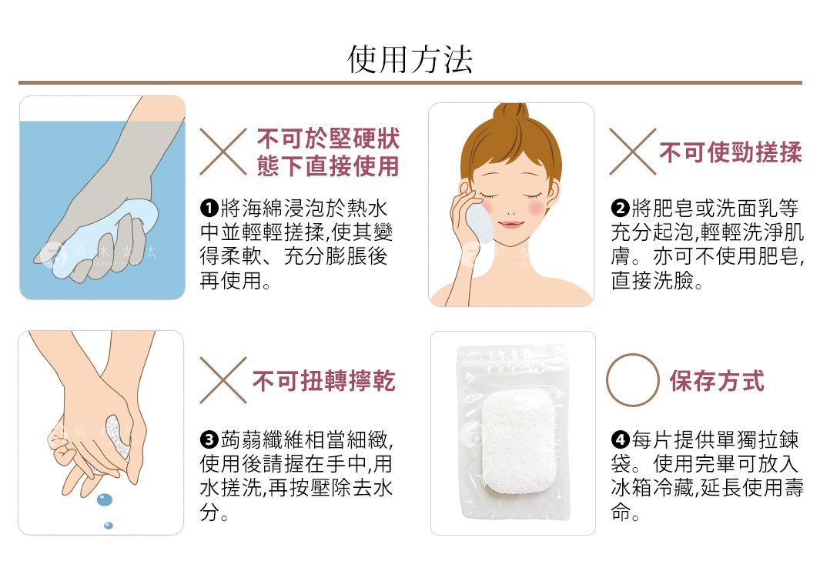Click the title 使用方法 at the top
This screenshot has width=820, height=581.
click(x=410, y=59)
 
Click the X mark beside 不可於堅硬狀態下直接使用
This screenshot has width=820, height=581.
click(x=223, y=152)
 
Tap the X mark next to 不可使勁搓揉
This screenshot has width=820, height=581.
click(x=633, y=152)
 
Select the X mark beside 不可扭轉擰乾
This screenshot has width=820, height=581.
click(x=223, y=380)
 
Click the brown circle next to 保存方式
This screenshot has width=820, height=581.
click(x=633, y=380)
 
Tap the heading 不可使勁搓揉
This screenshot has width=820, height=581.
click(x=730, y=152)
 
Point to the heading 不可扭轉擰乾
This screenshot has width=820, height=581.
click(x=323, y=381)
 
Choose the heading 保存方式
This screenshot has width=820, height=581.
click(x=717, y=381)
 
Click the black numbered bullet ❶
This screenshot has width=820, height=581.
click(x=208, y=209)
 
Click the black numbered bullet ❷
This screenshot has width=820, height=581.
click(x=619, y=209)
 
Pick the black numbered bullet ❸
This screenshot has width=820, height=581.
click(x=208, y=441)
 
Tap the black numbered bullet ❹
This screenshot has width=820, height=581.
click(x=619, y=441)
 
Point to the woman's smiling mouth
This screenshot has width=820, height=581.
click(x=510, y=225)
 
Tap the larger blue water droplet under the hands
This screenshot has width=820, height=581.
click(x=105, y=499)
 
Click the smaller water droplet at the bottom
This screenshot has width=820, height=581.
click(x=108, y=526)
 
